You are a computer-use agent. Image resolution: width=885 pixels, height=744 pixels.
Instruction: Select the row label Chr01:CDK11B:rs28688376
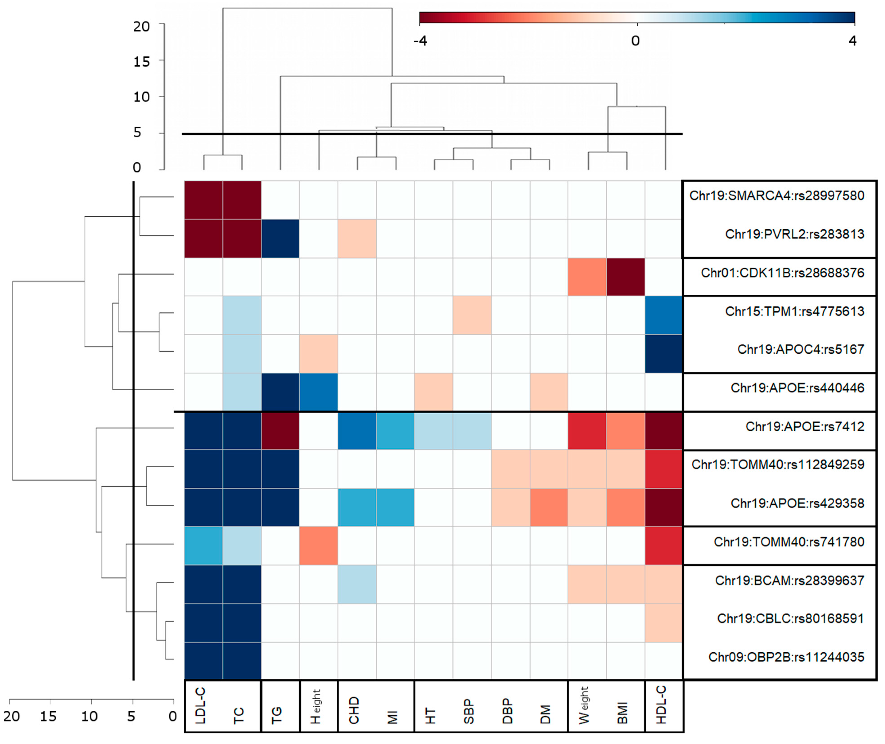[782, 273]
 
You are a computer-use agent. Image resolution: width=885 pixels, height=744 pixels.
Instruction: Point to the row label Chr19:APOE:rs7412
[804, 426]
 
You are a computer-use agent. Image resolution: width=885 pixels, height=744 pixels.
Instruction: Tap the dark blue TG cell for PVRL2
[280, 238]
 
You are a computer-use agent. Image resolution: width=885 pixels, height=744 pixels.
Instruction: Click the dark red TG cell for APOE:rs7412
[280, 431]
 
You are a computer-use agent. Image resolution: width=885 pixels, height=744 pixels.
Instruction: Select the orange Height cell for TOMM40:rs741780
[319, 546]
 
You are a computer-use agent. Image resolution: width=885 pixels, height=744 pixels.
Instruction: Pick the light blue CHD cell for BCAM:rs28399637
[357, 584]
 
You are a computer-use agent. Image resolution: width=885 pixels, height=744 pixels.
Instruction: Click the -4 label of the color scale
[420, 41]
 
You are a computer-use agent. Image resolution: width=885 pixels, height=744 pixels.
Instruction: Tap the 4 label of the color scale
[852, 41]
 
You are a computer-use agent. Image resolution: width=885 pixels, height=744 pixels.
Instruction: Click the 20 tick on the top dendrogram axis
[142, 27]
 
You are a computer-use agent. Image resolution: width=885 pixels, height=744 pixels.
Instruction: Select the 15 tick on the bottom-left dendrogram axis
[48, 716]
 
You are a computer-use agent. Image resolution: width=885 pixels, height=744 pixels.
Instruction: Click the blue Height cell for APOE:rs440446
[319, 392]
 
